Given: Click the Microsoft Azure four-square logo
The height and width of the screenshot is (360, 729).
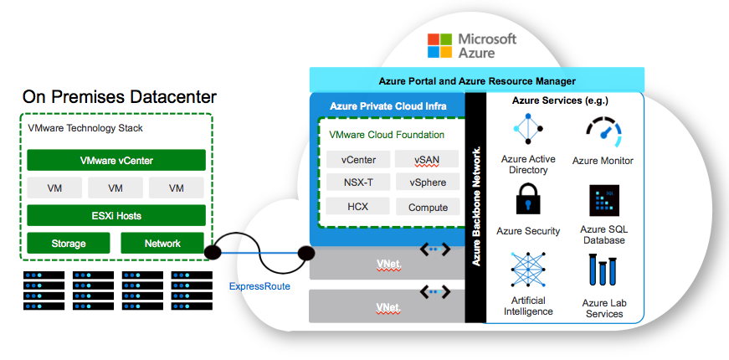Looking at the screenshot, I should click(439, 45).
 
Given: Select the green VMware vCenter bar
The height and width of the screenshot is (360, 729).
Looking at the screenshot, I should click(116, 160).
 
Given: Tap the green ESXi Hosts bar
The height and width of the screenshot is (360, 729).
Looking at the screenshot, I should click(116, 215).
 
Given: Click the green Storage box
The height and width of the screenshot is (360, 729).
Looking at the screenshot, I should click(69, 244).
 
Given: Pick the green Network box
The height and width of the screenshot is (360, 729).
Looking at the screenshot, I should click(162, 244).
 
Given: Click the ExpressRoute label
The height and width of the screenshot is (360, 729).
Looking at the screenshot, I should click(259, 286).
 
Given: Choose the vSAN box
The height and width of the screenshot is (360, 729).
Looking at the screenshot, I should click(428, 159).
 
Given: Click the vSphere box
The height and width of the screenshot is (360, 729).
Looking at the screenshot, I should click(428, 183).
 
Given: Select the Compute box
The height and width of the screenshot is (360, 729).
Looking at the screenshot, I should click(428, 207).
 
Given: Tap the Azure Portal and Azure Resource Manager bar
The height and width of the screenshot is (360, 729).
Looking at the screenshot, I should click(477, 81).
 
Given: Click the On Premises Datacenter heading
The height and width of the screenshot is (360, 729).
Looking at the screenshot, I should click(120, 96).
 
